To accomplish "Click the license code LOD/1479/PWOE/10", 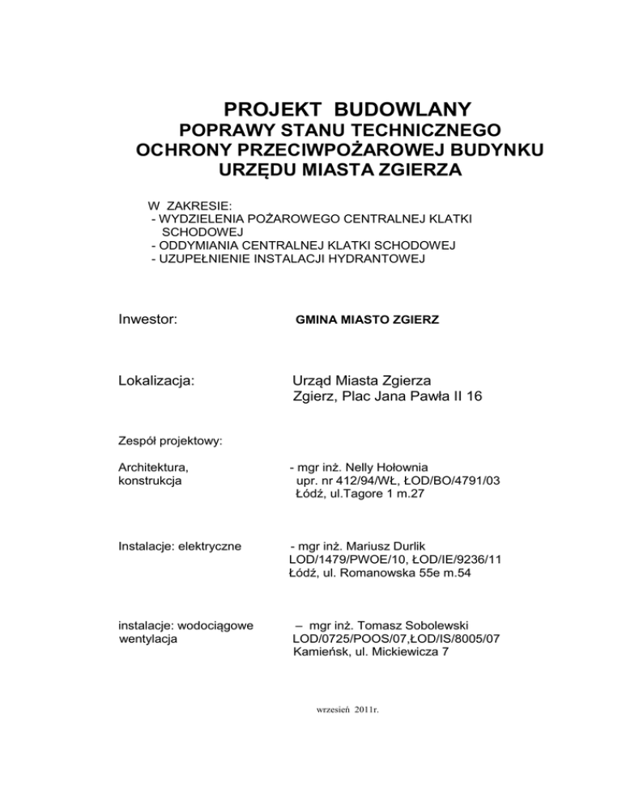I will (x=343, y=559).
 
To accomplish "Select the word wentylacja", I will (x=149, y=638).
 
